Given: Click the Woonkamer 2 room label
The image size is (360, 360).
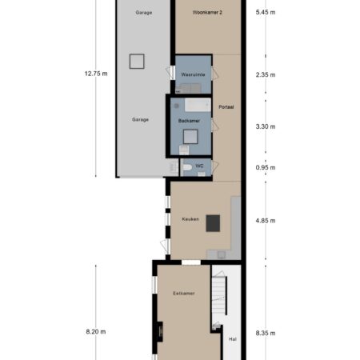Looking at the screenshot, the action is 207,12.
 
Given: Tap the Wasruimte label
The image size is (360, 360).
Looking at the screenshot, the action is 193,74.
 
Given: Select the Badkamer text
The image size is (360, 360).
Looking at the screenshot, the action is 189,121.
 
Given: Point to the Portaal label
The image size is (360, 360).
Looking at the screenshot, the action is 226,107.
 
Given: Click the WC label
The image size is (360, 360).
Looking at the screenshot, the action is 199,166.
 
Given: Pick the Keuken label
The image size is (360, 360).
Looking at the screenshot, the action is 190,219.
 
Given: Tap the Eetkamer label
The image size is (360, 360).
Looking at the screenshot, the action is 184,294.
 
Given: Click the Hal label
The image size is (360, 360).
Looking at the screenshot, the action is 233,339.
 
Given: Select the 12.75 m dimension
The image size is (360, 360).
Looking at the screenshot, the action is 96,74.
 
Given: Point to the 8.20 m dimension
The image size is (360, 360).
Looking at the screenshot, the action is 96,332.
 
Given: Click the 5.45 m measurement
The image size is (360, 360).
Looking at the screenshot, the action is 266,12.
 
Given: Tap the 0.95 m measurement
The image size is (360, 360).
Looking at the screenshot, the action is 266,167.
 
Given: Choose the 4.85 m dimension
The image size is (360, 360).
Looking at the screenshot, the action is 266,221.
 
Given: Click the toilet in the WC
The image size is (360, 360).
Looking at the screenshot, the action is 187,167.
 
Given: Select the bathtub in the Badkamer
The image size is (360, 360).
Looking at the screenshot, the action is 198,105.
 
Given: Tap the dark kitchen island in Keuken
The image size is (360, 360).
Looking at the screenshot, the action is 213,223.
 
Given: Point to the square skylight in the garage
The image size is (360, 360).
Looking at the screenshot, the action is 137,62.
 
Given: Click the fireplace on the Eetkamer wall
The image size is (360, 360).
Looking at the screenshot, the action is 159,331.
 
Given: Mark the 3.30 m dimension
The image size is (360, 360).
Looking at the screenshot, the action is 266,126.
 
